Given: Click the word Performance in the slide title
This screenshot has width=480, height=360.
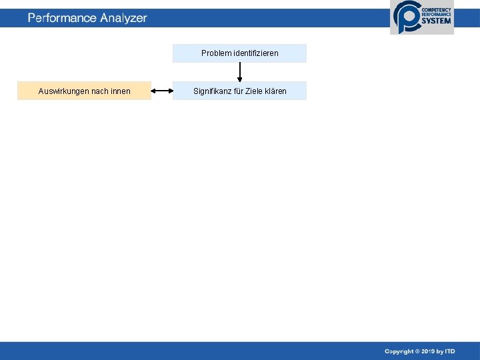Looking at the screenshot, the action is click(62, 18).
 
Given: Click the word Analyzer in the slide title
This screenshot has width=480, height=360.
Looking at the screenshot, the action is click(123, 18).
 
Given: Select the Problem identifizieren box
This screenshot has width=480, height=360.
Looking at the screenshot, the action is click(239, 53).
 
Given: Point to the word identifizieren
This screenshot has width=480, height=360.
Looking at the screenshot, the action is click(256, 53).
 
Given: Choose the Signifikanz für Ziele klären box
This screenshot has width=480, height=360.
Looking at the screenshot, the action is click(239, 91).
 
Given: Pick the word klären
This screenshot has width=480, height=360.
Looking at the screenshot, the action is click(277, 91).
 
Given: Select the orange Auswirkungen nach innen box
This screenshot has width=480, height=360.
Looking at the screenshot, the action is click(84, 91).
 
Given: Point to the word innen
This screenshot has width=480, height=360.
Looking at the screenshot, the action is click(121, 91).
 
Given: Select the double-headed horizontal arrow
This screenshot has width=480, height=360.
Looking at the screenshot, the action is click(162, 91).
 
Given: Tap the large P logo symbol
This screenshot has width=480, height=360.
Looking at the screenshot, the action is click(405, 17).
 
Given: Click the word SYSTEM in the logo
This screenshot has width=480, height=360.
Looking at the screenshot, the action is click(436, 21).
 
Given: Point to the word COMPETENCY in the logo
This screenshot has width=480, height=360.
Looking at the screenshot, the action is click(436, 9).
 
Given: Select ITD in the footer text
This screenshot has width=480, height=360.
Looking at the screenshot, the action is click(451, 351).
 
